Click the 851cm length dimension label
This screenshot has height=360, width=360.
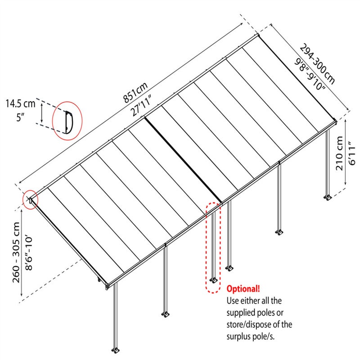[x=135, y=93]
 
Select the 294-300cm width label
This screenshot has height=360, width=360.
[x=317, y=64]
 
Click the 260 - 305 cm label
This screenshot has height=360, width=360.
[x=17, y=252]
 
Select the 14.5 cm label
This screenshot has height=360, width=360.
[x=20, y=104]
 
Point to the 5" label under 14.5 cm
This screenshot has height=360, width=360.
[x=20, y=117]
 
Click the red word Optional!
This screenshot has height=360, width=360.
[x=243, y=288]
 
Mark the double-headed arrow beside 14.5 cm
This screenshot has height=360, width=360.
[x=41, y=113]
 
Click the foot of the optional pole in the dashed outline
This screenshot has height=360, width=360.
[x=214, y=280]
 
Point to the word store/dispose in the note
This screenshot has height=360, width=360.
[x=248, y=325]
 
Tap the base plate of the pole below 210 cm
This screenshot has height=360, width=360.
[x=328, y=198]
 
